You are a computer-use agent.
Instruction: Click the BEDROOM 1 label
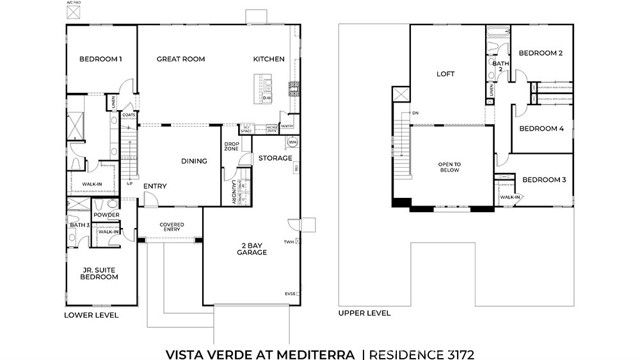click(101, 59)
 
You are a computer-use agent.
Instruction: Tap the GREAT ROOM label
click(181, 59)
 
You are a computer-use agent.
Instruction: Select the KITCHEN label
click(268, 59)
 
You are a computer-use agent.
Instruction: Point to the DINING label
click(194, 160)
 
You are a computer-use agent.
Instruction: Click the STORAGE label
click(275, 158)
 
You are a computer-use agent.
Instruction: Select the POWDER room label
click(106, 214)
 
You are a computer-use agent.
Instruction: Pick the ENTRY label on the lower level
click(155, 186)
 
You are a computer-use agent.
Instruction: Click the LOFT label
click(446, 73)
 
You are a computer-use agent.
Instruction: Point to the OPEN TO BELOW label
click(449, 167)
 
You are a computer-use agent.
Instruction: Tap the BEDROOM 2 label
click(540, 52)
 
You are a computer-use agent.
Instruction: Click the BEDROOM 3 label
click(545, 179)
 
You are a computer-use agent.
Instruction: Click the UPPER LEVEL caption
click(364, 313)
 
